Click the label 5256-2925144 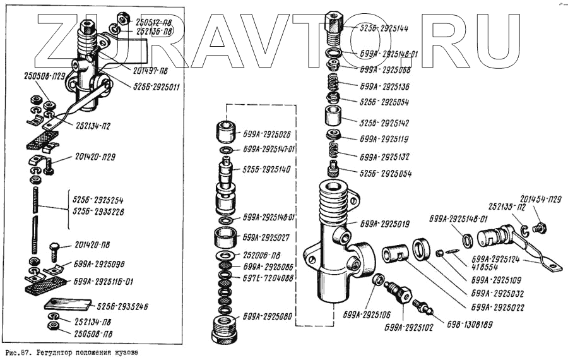tap(383, 28)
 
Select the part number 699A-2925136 tap(385, 86)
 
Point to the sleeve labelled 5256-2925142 tap(333, 118)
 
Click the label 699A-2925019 tap(385, 224)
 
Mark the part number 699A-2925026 tap(268, 134)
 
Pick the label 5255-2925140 tap(268, 170)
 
